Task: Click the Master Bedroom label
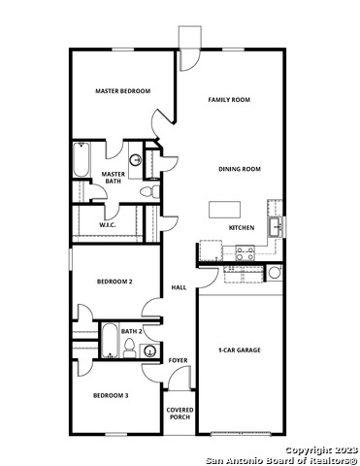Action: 122,91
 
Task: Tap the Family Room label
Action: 229,100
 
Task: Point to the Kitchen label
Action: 242,228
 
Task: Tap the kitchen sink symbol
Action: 276,227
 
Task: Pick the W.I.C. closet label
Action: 108,225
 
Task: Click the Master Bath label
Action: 114,178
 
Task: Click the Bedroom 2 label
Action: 114,282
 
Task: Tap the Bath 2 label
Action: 132,332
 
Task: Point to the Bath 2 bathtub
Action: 109,341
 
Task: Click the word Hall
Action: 179,288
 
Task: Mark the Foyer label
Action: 178,360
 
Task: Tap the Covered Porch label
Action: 180,413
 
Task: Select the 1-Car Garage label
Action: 240,349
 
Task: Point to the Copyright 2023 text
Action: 321,449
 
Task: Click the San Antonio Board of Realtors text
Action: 283,458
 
